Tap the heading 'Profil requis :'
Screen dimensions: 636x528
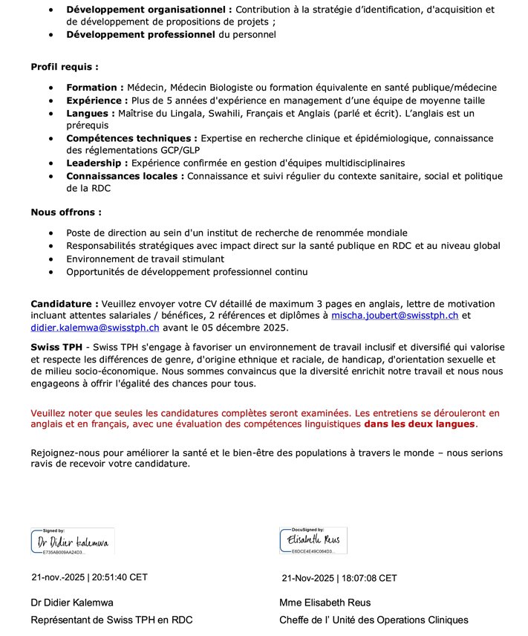[x=64, y=67]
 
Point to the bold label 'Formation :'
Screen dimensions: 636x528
[x=95, y=88]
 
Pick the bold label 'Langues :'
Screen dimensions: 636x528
[x=89, y=113]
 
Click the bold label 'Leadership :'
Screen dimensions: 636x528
[x=99, y=163]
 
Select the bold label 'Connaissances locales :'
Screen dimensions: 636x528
[x=126, y=176]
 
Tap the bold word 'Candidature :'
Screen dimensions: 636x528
[x=64, y=304]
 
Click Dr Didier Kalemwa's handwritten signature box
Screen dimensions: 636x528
[x=73, y=542]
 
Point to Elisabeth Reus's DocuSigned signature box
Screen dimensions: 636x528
[x=313, y=540]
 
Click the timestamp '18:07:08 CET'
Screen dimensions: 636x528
[x=369, y=578]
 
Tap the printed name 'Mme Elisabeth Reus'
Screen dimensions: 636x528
[x=325, y=603]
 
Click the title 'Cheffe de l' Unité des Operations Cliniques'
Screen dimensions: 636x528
[x=374, y=620]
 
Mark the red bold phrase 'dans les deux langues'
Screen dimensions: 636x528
[x=419, y=424]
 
